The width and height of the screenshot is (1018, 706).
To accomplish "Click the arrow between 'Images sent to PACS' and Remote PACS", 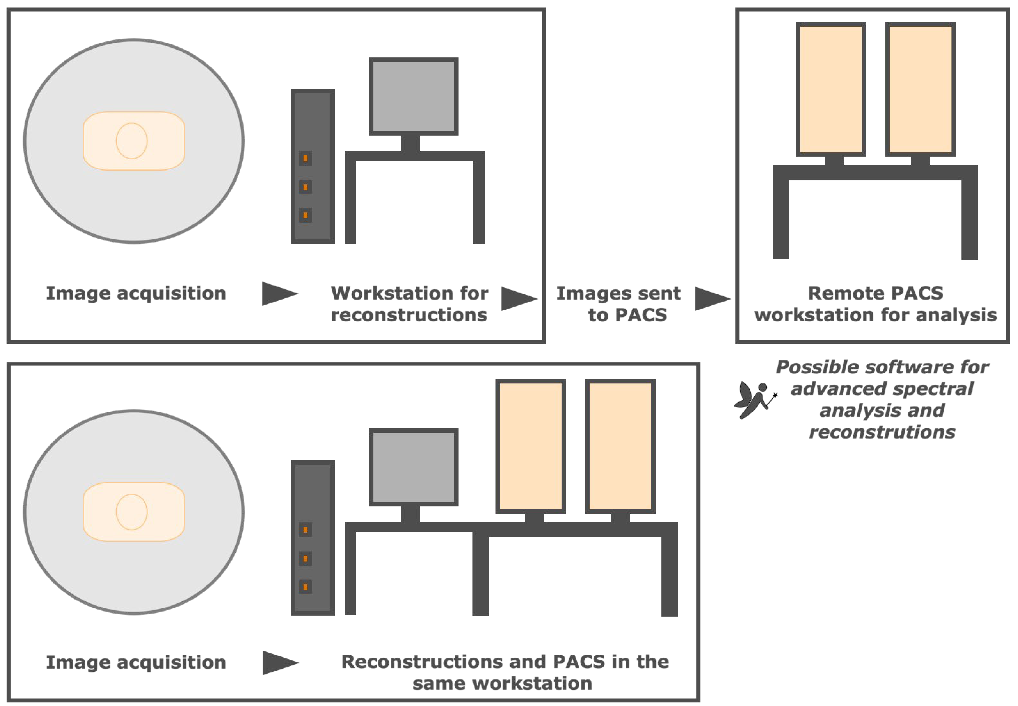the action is (x=712, y=299).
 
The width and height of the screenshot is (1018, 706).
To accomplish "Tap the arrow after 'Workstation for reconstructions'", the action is (x=519, y=299).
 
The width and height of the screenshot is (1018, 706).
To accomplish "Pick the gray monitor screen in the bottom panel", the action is (x=414, y=467).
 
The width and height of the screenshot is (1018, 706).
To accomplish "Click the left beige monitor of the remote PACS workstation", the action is (x=831, y=89).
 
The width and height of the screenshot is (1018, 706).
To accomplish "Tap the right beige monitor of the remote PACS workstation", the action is (x=920, y=89).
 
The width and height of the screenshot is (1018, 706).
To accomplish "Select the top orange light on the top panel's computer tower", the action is (x=306, y=158).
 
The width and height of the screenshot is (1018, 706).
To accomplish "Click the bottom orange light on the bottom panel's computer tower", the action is (x=306, y=587).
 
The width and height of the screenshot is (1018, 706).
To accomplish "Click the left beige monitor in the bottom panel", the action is (x=531, y=446).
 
